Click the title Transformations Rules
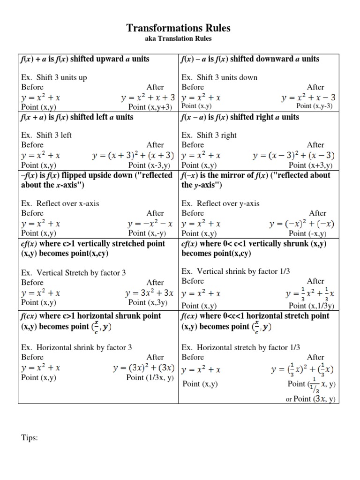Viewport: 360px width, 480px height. click(179, 28)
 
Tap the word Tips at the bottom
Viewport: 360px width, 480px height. click(29, 438)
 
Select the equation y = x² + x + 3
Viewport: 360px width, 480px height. click(148, 97)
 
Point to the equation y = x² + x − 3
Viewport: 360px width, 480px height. click(308, 97)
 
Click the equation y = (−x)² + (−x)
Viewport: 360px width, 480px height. click(302, 224)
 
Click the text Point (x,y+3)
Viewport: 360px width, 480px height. click(151, 107)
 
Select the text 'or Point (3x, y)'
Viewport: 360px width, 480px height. click(310, 399)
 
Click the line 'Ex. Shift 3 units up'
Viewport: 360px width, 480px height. click(54, 77)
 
